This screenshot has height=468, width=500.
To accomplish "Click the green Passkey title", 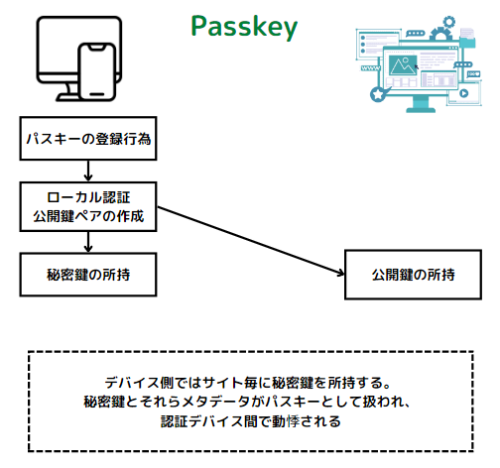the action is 244,27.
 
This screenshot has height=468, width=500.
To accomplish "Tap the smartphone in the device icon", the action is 97,71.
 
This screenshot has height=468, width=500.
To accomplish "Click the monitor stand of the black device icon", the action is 68,92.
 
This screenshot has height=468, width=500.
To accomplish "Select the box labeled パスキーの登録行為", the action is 88,139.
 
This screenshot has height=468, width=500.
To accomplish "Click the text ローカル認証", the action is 88,197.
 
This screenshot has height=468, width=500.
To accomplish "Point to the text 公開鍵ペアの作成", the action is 88,216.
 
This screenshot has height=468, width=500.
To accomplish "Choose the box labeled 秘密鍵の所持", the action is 88,275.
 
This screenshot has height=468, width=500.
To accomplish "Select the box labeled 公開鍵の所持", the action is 413,275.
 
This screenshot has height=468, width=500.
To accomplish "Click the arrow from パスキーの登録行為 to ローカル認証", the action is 88,172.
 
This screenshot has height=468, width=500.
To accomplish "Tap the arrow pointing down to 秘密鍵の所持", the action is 88,242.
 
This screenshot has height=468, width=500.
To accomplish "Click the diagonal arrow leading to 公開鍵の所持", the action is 251,241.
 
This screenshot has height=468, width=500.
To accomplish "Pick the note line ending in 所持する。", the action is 248,383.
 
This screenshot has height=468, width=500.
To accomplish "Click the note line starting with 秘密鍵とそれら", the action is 247,402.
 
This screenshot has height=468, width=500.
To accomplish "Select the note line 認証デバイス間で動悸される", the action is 251,421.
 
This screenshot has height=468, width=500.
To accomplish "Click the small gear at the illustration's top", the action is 449,22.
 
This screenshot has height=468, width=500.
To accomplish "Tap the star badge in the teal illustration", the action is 377,94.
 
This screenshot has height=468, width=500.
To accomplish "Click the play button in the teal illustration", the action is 464,93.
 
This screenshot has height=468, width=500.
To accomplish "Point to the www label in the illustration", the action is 370,68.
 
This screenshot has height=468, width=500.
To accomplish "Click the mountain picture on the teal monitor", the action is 403,65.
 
